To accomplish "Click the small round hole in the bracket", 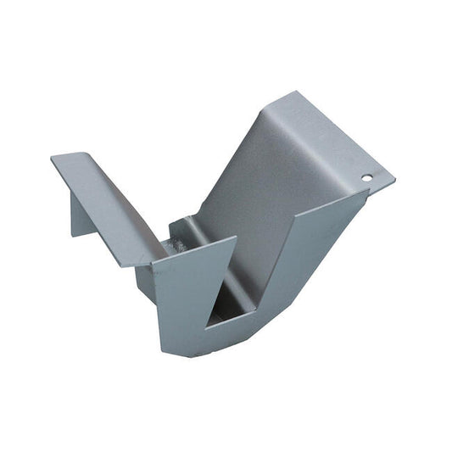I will point(366,178).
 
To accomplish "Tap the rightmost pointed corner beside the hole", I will point(394,180).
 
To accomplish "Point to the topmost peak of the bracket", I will point(293,92).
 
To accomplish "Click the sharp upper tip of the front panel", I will point(235,239).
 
